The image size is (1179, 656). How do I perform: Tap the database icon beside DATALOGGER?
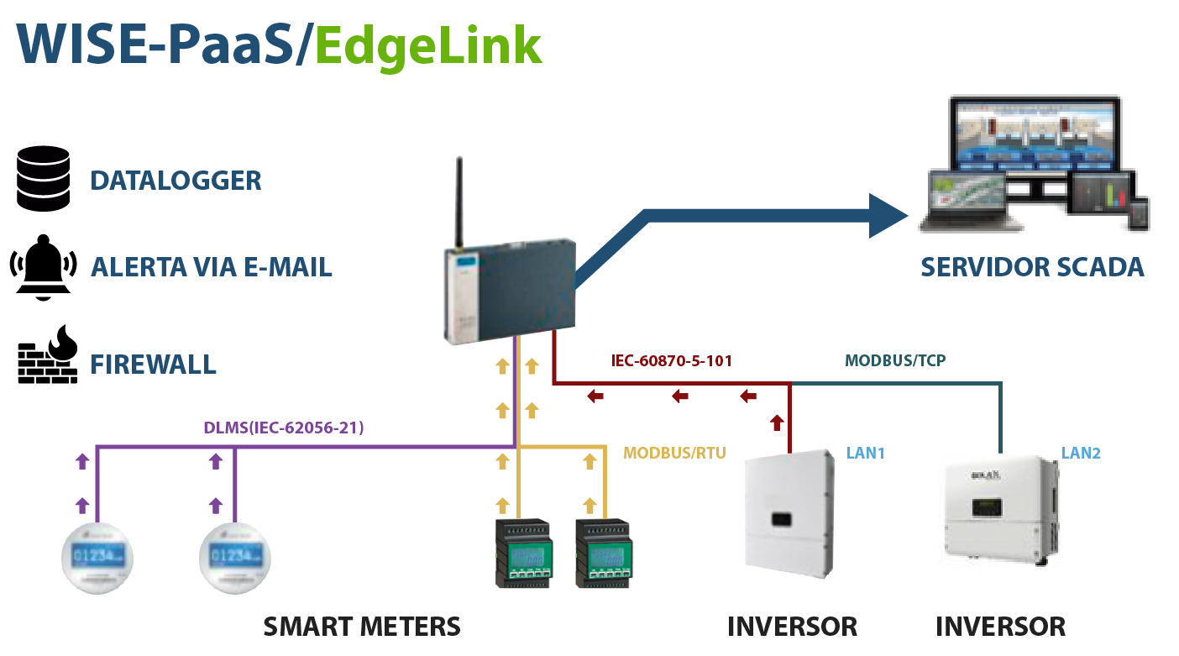(45, 178)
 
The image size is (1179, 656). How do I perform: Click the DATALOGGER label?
(176, 181)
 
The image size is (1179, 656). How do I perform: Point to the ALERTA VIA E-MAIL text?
(211, 267)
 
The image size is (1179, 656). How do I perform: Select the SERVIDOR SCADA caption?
(1031, 267)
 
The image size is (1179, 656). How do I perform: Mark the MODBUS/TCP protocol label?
(896, 361)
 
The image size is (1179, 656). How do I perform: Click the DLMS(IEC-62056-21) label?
(283, 428)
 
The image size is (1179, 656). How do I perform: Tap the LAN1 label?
(866, 454)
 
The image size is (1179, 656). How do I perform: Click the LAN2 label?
(1081, 454)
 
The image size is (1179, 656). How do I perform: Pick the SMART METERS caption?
(362, 627)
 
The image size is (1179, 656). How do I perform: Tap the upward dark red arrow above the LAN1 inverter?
(777, 422)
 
